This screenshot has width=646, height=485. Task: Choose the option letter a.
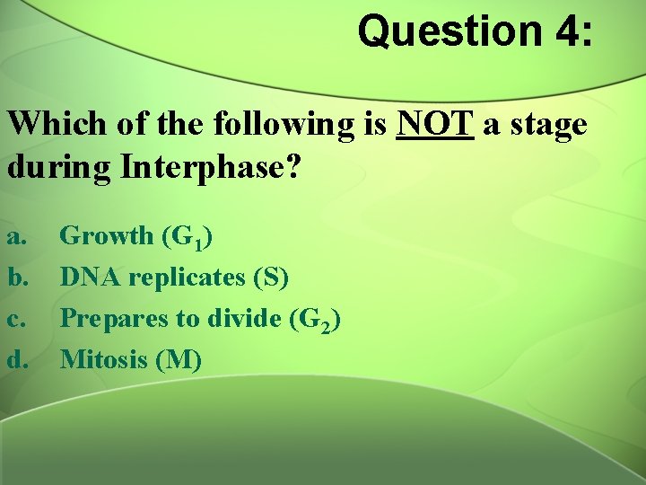(x=15, y=237)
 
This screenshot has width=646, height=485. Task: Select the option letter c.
(x=15, y=320)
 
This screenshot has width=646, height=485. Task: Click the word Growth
(x=107, y=236)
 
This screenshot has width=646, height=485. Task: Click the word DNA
(x=91, y=278)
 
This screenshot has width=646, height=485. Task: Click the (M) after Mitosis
(x=179, y=360)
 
